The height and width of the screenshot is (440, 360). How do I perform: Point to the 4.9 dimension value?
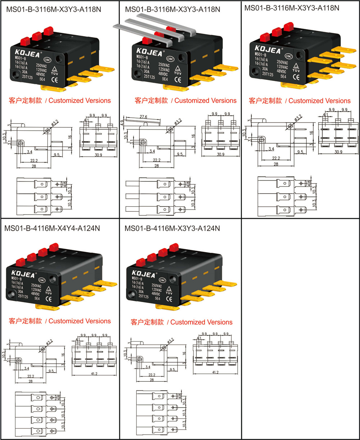tap(123, 122)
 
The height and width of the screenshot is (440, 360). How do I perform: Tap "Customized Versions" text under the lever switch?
tap(206, 100)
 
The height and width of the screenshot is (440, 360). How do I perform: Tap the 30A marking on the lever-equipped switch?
tap(147, 71)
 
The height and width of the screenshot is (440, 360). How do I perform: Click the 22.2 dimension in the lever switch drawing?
tap(157, 160)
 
